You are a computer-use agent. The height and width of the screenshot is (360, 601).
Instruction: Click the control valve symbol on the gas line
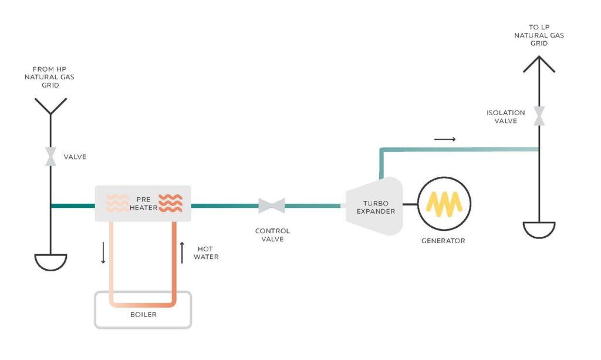(x=271, y=206)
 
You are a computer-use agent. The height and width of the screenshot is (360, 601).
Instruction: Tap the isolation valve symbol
(x=538, y=116)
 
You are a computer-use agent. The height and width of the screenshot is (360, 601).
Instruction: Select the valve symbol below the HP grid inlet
(x=51, y=157)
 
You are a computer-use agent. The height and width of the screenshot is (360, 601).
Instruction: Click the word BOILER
(x=143, y=314)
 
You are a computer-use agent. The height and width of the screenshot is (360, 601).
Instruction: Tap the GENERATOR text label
(x=443, y=241)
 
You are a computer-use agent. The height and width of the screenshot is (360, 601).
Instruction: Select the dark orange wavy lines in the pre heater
(x=170, y=203)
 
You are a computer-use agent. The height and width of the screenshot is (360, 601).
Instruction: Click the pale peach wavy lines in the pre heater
(x=117, y=203)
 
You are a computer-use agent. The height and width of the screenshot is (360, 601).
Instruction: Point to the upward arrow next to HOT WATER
(x=183, y=253)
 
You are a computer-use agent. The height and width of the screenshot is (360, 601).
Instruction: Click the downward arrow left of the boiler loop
(x=103, y=253)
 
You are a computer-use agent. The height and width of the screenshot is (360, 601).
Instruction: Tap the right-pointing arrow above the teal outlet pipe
(x=445, y=139)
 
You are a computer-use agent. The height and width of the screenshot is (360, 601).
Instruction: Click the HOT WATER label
(x=208, y=253)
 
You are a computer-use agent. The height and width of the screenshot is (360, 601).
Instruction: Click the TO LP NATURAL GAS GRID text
(x=539, y=35)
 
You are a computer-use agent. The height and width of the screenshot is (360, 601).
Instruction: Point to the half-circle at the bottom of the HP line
(x=50, y=262)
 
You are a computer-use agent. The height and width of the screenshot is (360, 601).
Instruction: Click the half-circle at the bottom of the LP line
(x=539, y=230)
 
